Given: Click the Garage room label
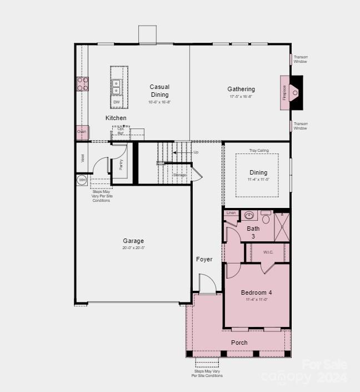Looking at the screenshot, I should pyautogui.click(x=133, y=241).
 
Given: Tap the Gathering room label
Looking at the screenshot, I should pyautogui.click(x=241, y=89).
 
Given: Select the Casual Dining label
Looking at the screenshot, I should pyautogui.click(x=159, y=91).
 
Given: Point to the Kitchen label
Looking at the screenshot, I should pyautogui.click(x=116, y=118).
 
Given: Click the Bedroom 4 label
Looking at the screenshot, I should pyautogui.click(x=256, y=292).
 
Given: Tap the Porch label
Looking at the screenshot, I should pyautogui.click(x=239, y=343).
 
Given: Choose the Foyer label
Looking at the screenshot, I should pyautogui.click(x=204, y=259).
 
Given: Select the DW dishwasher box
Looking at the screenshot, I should pyautogui.click(x=117, y=102).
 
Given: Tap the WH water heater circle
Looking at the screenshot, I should pyautogui.click(x=82, y=180).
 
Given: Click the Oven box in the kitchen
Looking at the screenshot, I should pyautogui.click(x=82, y=132).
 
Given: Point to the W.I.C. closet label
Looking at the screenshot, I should pyautogui.click(x=268, y=252).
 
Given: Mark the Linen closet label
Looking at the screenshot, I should pyautogui.click(x=231, y=213).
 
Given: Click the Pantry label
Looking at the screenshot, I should pyautogui.click(x=121, y=165).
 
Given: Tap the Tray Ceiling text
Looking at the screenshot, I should pyautogui.click(x=259, y=150).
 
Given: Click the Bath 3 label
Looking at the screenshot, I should pyautogui.click(x=253, y=232).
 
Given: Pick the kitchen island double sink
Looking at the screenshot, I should pyautogui.click(x=117, y=87).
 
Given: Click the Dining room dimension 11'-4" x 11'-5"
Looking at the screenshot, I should pyautogui.click(x=258, y=180).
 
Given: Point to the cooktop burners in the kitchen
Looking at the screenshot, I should pyautogui.click(x=82, y=84).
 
